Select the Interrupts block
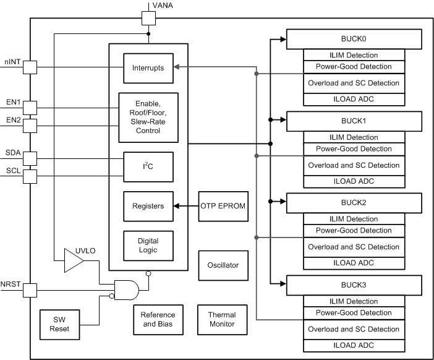148,67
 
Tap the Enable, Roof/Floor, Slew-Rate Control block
148,118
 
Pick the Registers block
148,206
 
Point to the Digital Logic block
148,246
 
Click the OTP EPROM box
223,206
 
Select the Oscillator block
223,265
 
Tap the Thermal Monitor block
221,320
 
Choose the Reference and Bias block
158,320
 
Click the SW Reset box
60,324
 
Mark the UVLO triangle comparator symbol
74,260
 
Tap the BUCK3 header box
353,286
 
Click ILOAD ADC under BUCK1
353,182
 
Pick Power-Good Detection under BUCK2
353,231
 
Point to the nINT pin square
30,67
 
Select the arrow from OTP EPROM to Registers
185,206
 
